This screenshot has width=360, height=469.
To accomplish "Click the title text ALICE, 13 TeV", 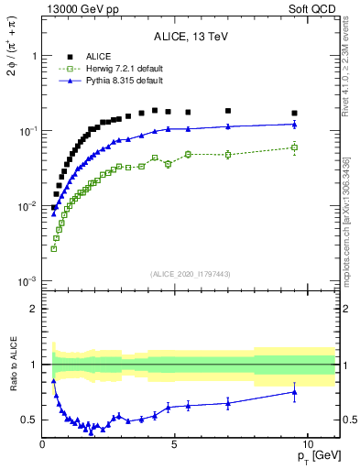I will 191,38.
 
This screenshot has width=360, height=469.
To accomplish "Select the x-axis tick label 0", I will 42,443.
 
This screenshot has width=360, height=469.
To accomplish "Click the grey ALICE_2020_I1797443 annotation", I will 191,274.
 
